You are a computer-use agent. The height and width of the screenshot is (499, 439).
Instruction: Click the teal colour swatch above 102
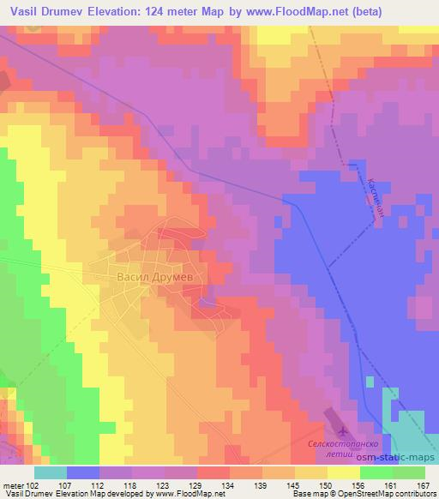tap(50, 472)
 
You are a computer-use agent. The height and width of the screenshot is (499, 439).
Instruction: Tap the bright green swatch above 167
tap(409, 472)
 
